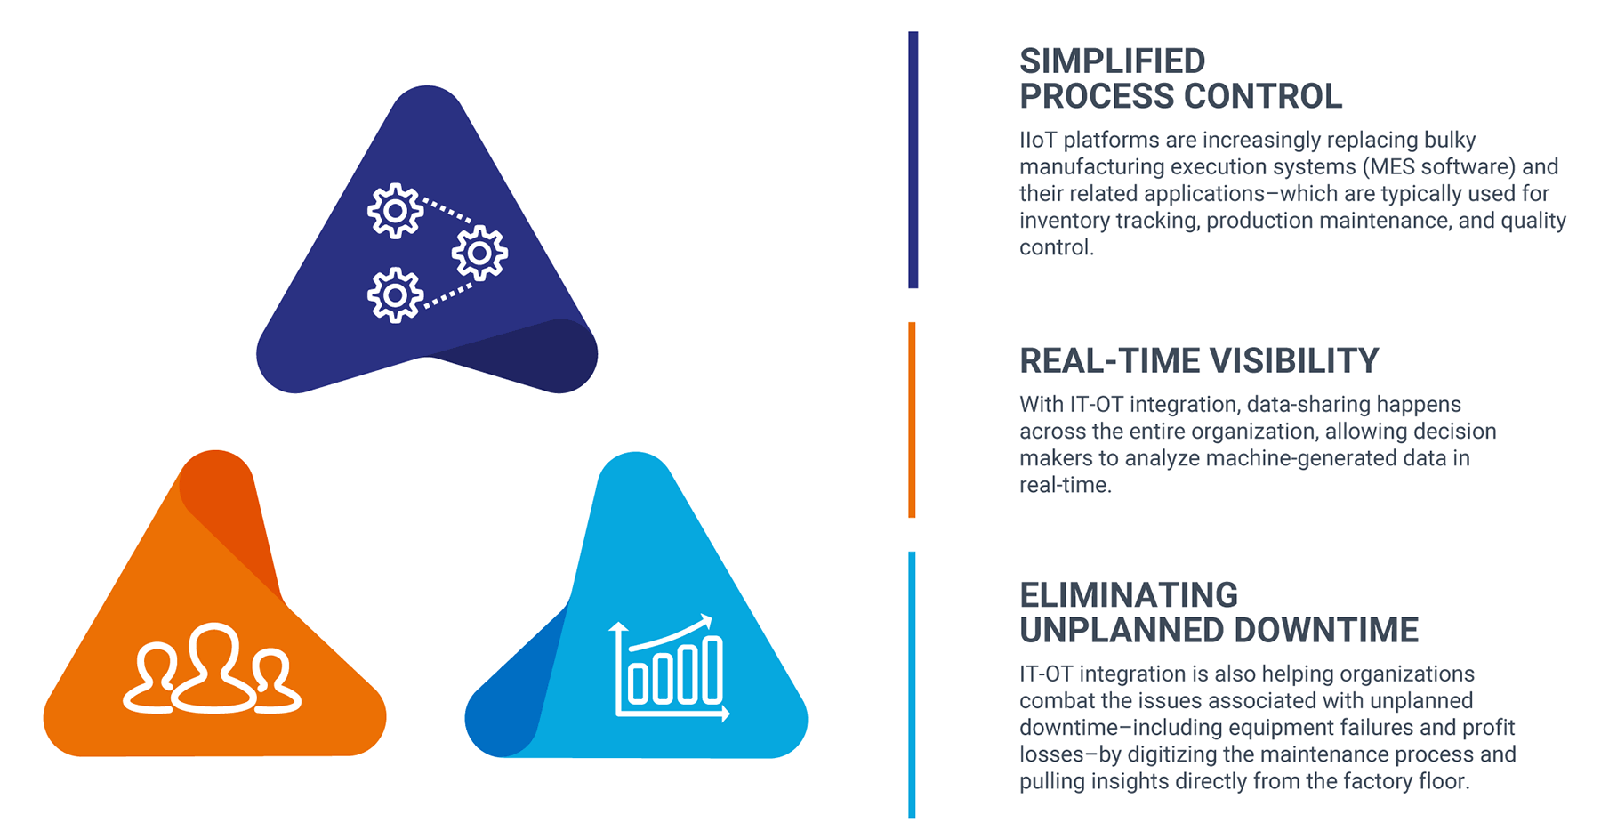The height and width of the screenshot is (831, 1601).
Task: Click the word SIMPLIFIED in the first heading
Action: pos(1112,61)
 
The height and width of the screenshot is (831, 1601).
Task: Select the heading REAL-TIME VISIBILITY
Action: pos(1199,361)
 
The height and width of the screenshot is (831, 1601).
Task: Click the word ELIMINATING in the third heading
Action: pos(1129,595)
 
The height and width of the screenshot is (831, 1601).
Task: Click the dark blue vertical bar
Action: pos(913,160)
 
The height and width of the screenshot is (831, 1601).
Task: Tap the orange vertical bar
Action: pos(913,420)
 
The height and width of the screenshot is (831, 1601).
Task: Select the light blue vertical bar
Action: pos(913,684)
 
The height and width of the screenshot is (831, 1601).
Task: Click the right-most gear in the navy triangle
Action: pos(479,254)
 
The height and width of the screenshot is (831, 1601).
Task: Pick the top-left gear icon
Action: pos(396,212)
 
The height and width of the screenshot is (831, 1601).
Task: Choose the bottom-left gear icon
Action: pos(396,295)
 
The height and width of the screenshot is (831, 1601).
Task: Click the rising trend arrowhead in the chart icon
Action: pos(704,621)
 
